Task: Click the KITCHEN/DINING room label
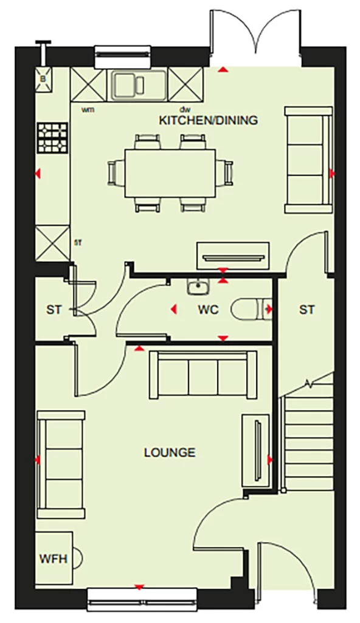point(208,120)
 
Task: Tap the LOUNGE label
point(170,453)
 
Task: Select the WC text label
point(208,310)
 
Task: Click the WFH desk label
point(53,558)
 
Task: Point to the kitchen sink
point(137,84)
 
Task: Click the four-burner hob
point(52,138)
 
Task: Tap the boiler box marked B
point(44,78)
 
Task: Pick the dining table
point(170,172)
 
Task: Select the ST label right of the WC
point(306,310)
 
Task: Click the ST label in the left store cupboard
point(54,310)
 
